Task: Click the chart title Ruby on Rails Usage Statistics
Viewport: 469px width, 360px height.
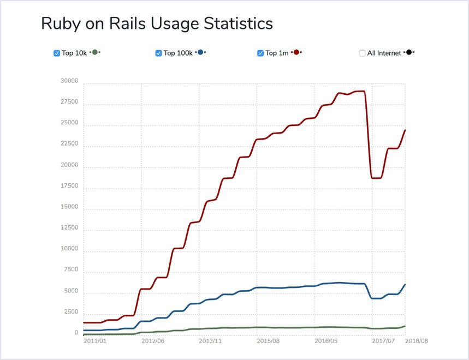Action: point(157,23)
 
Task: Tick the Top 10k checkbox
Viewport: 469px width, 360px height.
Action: point(57,53)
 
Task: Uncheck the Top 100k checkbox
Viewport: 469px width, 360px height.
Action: point(158,53)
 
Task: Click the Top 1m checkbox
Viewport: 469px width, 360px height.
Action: point(260,53)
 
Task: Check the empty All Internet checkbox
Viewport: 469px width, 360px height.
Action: point(362,53)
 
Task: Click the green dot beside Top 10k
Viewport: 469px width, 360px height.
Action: point(95,52)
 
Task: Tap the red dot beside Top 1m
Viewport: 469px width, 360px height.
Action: point(296,52)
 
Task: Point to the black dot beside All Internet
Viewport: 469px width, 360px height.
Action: point(408,52)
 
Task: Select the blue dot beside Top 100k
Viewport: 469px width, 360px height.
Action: point(200,52)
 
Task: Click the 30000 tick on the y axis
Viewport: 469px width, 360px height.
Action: point(69,81)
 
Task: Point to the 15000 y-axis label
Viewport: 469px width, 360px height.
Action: point(69,207)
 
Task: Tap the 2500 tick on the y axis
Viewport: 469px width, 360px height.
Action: point(71,312)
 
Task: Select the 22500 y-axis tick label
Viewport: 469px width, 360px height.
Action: point(69,145)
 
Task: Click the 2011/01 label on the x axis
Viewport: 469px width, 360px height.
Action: point(95,341)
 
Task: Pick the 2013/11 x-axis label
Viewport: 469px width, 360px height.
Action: point(210,341)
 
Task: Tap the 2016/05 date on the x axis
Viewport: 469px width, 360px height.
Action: point(326,341)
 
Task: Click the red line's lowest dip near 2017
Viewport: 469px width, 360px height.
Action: point(376,178)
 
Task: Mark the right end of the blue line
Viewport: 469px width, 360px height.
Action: point(405,284)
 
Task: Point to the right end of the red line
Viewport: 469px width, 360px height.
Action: point(405,130)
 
